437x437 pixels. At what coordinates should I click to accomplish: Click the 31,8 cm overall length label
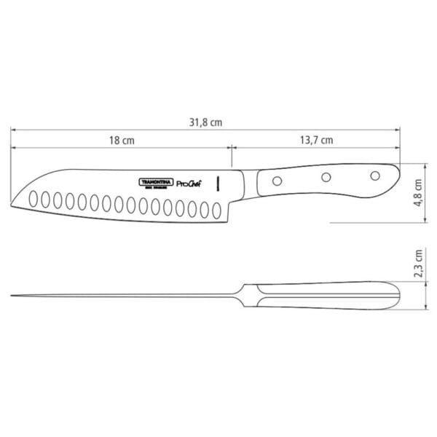pos(205,123)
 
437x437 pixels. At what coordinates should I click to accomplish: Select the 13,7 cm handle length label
pos(317,140)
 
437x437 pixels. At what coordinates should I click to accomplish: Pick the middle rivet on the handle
pos(327,176)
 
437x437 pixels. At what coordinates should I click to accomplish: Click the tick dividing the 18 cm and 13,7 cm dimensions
pos(231,149)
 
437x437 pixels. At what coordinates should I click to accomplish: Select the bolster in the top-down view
pos(244,296)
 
